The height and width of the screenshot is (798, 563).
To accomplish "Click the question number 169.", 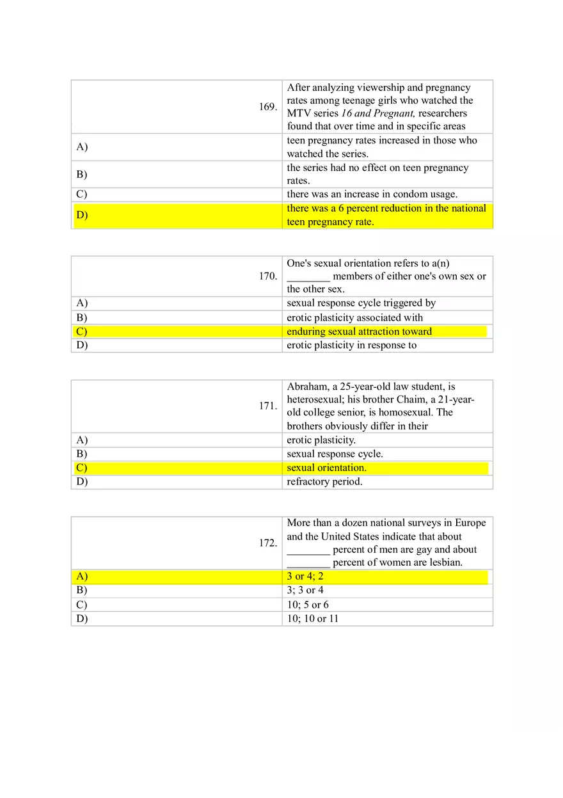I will pyautogui.click(x=267, y=107).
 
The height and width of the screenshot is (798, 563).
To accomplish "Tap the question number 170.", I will pyautogui.click(x=267, y=276).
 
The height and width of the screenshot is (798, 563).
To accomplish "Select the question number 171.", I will pyautogui.click(x=267, y=406).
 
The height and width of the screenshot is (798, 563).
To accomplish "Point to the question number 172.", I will pyautogui.click(x=267, y=543).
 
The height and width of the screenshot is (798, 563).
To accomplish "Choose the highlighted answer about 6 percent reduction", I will pyautogui.click(x=386, y=215).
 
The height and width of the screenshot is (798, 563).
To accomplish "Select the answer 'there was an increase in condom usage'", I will pyautogui.click(x=372, y=195).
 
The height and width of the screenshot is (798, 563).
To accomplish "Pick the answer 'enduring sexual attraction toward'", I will pyautogui.click(x=359, y=331).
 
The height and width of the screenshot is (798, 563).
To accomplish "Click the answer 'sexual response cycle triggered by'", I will pyautogui.click(x=361, y=303).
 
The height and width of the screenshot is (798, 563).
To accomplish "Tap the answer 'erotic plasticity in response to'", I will pyautogui.click(x=351, y=346).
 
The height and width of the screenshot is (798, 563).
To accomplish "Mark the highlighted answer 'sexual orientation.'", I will pyautogui.click(x=326, y=468).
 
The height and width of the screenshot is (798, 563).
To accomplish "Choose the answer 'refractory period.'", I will pyautogui.click(x=324, y=482).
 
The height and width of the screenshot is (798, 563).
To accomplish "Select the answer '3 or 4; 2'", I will pyautogui.click(x=305, y=577).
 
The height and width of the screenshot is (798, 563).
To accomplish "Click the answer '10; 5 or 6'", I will pyautogui.click(x=308, y=605).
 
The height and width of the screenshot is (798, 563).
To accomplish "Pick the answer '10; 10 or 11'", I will pyautogui.click(x=312, y=619).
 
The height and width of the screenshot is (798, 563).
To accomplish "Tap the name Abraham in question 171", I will pyautogui.click(x=306, y=387).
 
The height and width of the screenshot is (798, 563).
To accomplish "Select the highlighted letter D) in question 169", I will pyautogui.click(x=82, y=215).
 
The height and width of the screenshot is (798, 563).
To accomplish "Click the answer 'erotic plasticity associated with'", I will pyautogui.click(x=354, y=317).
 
